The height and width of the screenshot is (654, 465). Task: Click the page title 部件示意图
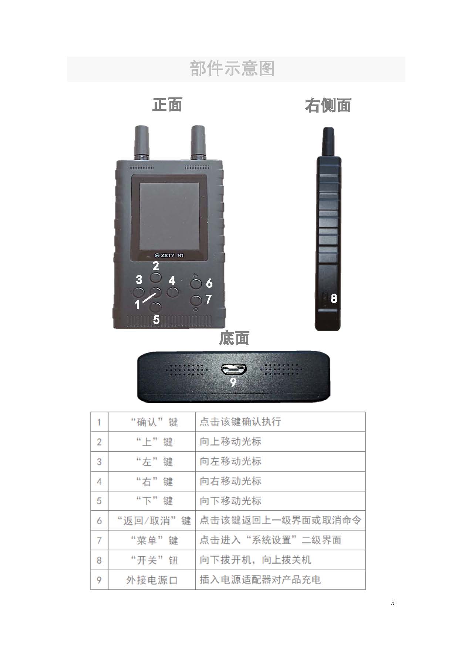point(232,69)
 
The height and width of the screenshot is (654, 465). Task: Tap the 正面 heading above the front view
point(167,105)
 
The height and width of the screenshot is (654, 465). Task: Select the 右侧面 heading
point(328,105)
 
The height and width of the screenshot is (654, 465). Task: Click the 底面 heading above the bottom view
point(234,338)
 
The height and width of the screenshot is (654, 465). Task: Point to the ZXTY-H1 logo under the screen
point(169,255)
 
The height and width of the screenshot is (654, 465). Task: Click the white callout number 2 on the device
point(156,266)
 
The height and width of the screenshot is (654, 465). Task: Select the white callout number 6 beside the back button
point(209,283)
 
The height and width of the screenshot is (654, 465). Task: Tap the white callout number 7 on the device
point(209,299)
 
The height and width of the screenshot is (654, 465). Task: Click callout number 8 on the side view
point(334,298)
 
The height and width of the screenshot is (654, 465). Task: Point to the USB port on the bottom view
point(234,369)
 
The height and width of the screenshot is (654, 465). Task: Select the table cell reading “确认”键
point(152,422)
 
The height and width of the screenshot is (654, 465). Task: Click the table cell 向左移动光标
point(280,461)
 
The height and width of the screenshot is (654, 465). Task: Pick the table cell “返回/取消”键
point(152,521)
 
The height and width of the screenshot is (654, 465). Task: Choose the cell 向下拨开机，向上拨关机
point(280,560)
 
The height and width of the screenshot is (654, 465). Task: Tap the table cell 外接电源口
point(152,580)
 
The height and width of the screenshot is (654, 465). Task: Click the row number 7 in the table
point(99,540)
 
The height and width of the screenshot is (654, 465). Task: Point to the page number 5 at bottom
point(392,603)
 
